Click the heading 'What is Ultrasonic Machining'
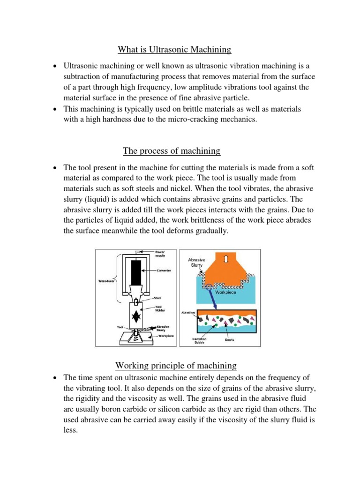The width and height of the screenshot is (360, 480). pos(174,49)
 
